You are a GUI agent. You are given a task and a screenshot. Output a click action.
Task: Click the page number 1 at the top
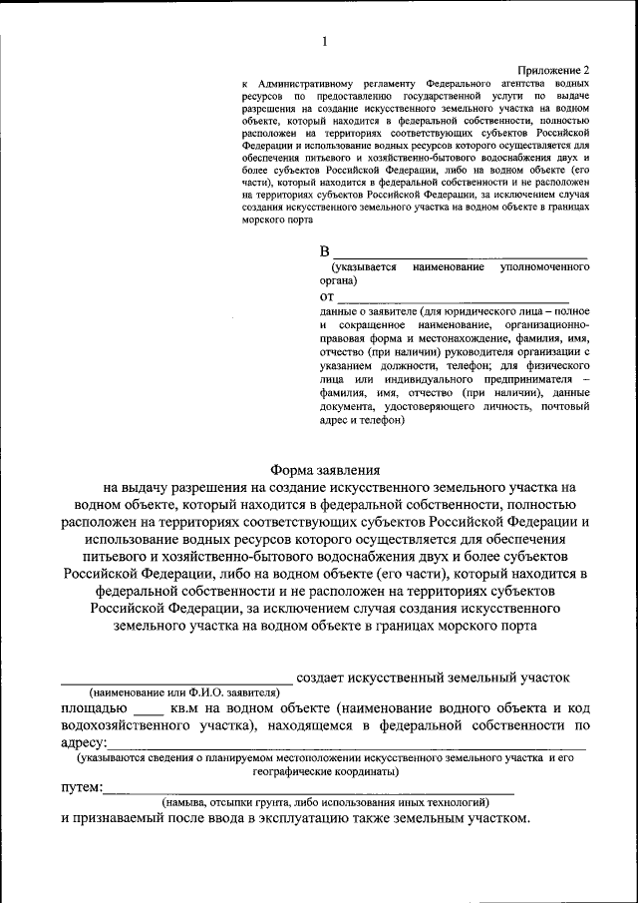click(x=325, y=41)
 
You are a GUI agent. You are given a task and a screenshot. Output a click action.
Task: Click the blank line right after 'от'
click(x=454, y=300)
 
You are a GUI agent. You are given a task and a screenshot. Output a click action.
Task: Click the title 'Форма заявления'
click(x=326, y=470)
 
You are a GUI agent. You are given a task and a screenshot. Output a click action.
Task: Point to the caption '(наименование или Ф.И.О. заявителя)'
click(x=184, y=692)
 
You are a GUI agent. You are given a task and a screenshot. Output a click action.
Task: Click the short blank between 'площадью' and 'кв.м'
click(x=148, y=712)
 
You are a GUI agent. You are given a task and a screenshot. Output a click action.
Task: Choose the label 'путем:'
click(x=81, y=787)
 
